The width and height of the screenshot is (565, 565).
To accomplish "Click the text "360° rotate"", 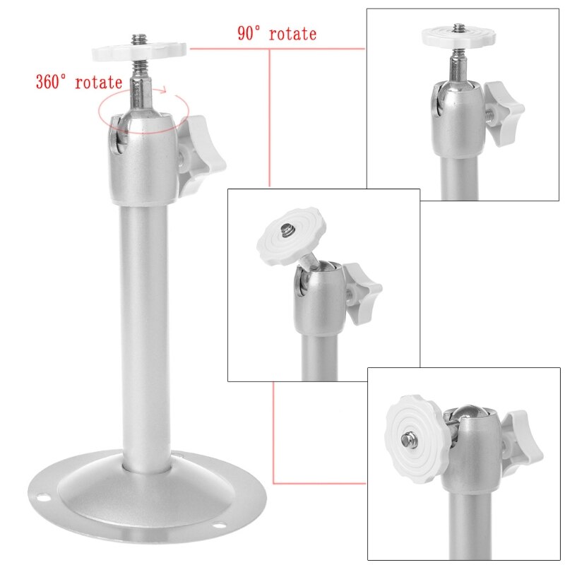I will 79,81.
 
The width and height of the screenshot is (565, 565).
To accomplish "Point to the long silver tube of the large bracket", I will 145,332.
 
